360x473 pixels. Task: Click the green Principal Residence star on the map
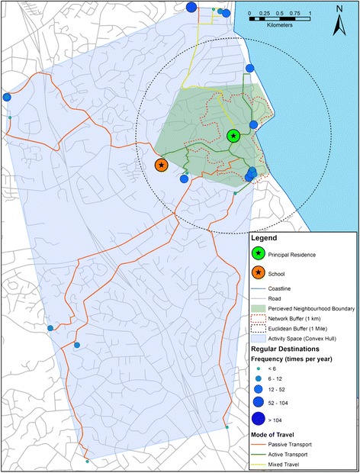(x=233, y=137)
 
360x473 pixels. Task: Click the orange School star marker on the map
(x=161, y=165)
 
